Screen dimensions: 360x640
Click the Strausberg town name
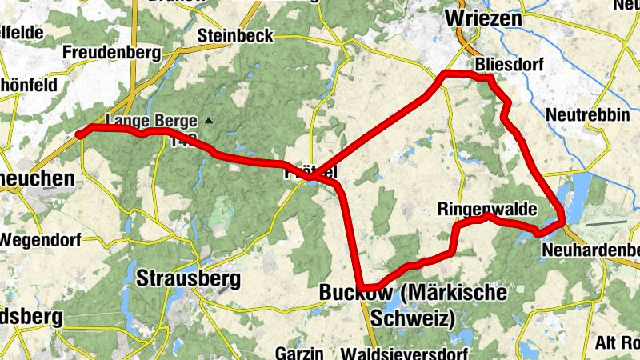click(188, 278)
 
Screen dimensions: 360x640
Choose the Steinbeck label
click(235, 36)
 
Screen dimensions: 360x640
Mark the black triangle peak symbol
click(209, 121)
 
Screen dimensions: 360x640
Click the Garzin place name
click(298, 352)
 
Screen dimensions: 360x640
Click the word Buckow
click(355, 294)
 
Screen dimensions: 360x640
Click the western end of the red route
click(79, 134)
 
